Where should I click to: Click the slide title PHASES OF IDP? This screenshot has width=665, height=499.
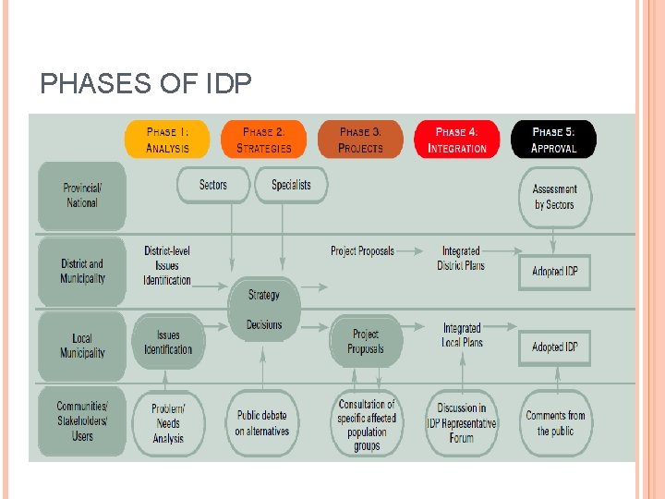[146, 85]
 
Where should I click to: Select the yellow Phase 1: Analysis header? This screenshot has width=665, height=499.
[167, 140]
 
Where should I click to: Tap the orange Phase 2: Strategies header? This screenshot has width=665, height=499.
[263, 140]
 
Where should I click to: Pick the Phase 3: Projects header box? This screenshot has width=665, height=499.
[360, 140]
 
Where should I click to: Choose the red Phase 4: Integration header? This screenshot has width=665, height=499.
[457, 140]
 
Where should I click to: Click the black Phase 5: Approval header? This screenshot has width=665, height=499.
[553, 140]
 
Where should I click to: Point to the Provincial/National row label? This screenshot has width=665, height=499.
[81, 195]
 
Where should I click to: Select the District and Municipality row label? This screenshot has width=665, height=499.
[81, 271]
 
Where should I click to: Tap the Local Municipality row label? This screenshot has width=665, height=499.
[81, 346]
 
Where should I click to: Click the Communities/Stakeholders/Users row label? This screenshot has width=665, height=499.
[81, 421]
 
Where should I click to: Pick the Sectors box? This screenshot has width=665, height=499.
[213, 185]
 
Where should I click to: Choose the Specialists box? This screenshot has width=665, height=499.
[291, 185]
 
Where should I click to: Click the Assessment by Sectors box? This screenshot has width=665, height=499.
[554, 197]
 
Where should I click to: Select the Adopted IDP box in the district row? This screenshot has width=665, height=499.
[554, 272]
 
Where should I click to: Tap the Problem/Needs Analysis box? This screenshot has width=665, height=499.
[167, 423]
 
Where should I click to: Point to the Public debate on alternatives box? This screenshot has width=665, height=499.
[262, 423]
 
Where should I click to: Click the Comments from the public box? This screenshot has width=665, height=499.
[555, 423]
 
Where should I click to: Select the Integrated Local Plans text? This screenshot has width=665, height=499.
[462, 335]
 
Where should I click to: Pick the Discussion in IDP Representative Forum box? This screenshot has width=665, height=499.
[462, 423]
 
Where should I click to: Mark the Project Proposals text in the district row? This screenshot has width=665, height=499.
[362, 250]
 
